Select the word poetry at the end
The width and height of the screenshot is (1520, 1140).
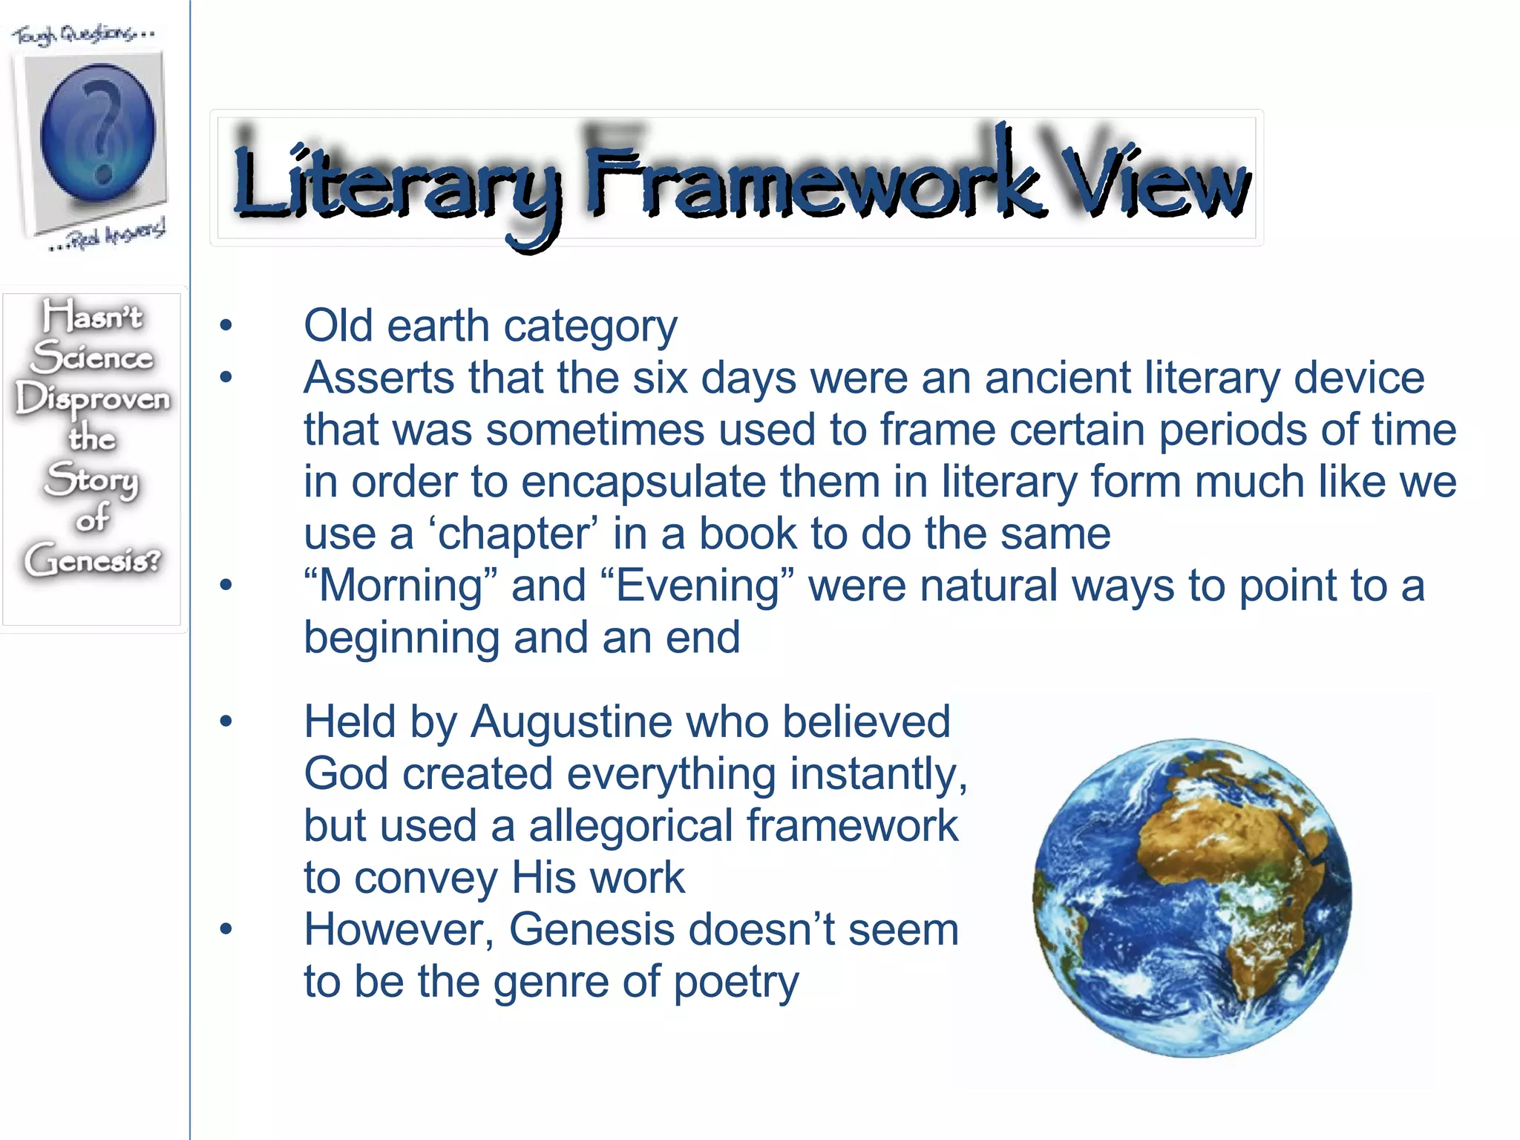(736, 982)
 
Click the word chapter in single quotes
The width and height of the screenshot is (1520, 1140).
(513, 534)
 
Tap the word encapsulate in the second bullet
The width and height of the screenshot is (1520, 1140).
(643, 482)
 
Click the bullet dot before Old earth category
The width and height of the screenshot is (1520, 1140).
(226, 325)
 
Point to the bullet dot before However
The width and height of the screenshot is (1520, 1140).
(226, 929)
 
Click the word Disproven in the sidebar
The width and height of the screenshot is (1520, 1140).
(93, 399)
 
